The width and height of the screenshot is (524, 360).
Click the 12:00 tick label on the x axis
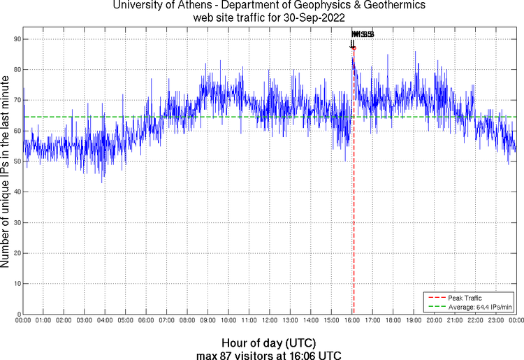(x=270, y=321)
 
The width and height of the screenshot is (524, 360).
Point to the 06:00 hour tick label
(x=146, y=321)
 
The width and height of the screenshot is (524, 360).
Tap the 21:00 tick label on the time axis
(x=455, y=321)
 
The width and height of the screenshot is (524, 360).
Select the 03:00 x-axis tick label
(x=84, y=321)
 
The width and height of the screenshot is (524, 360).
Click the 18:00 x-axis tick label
(x=393, y=321)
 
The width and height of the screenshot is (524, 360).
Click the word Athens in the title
(x=192, y=6)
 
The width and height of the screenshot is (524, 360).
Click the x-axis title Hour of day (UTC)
(x=269, y=343)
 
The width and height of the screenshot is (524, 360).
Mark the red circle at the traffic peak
(x=354, y=48)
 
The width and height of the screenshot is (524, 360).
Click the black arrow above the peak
(x=352, y=44)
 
